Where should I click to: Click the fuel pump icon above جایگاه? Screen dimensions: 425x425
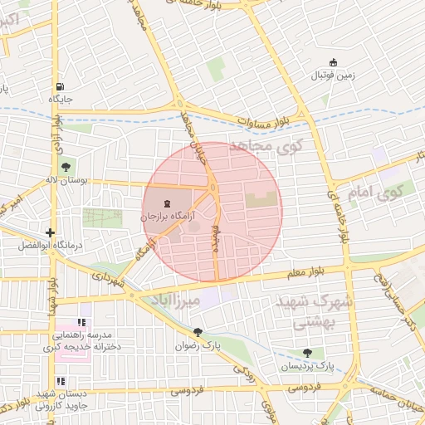60,86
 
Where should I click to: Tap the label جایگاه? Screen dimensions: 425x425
61,99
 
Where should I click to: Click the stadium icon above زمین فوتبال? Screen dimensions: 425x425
334,62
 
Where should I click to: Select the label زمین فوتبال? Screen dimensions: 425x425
333,76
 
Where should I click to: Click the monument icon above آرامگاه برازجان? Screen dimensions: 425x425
168,203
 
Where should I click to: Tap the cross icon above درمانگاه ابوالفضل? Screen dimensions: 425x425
51,233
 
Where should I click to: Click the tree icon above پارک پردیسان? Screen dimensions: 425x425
308,354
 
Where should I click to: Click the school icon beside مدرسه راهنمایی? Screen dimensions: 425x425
81,322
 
